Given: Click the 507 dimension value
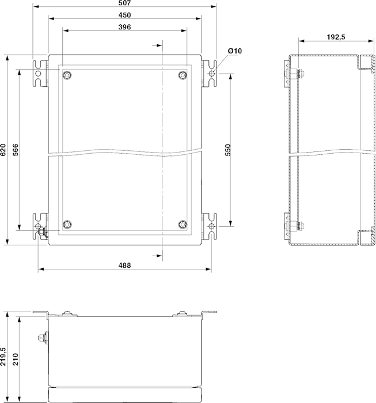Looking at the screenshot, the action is pyautogui.click(x=124, y=3).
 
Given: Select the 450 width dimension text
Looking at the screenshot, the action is pyautogui.click(x=124, y=15).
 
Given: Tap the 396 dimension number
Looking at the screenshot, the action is pyautogui.click(x=124, y=27).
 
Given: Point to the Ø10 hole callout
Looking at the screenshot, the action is pyautogui.click(x=235, y=51).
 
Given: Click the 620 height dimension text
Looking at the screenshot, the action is pyautogui.click(x=3, y=150).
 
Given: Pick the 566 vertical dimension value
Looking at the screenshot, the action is pyautogui.click(x=15, y=150).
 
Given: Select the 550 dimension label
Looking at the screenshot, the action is pyautogui.click(x=228, y=150).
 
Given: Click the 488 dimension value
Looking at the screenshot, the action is pyautogui.click(x=124, y=265).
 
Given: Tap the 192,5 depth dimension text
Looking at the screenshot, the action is pyautogui.click(x=336, y=37).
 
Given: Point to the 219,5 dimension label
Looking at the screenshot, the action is pyautogui.click(x=3, y=357).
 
